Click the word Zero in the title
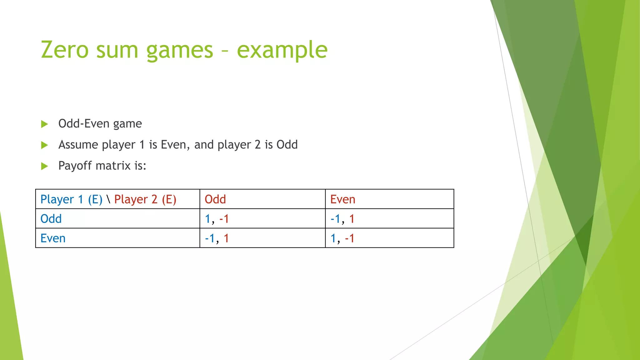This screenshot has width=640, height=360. click(65, 50)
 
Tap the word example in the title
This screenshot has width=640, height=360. click(282, 50)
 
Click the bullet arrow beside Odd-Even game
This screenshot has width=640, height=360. click(45, 124)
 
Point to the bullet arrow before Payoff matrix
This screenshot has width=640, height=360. click(45, 166)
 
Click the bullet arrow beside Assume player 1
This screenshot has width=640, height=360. click(45, 145)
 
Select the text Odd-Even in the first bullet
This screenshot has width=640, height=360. click(84, 124)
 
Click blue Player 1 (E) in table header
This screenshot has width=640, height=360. click(71, 199)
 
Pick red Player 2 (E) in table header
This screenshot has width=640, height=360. click(145, 199)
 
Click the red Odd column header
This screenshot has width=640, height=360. click(215, 199)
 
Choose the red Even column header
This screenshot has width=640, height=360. click(342, 199)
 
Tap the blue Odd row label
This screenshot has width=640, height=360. click(51, 219)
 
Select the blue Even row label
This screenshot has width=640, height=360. click(53, 238)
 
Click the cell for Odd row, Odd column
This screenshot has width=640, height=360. click(217, 219)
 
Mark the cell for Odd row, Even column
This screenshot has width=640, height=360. click(342, 219)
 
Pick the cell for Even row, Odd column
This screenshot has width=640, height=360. click(217, 238)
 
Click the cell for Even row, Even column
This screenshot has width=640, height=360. click(342, 238)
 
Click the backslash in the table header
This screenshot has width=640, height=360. click(108, 199)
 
